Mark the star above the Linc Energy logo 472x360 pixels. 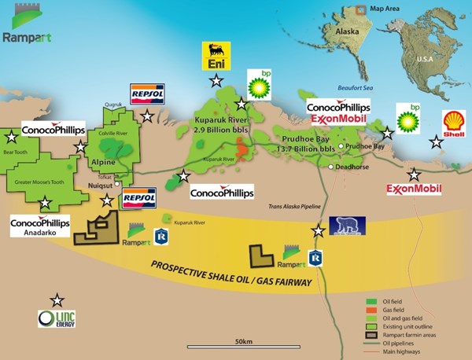coord(57,300)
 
